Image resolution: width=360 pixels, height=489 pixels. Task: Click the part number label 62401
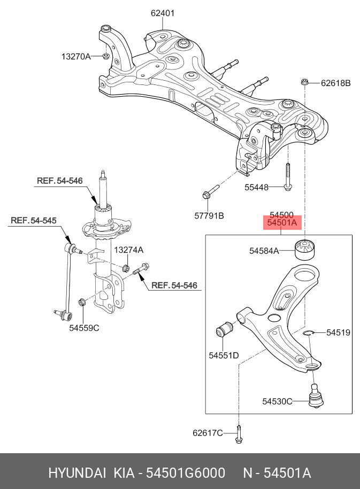point(162,13)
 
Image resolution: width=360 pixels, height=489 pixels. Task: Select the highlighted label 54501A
point(282,223)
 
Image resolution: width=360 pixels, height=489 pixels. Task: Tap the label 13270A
point(75,56)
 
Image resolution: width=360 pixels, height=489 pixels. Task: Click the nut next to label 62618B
point(304,82)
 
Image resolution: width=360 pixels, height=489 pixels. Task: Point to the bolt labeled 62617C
point(239,432)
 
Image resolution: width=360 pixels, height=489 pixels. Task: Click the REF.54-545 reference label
point(33,220)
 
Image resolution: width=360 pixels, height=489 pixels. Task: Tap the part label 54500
point(281,213)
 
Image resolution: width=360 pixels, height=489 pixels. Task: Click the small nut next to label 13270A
point(105,56)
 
